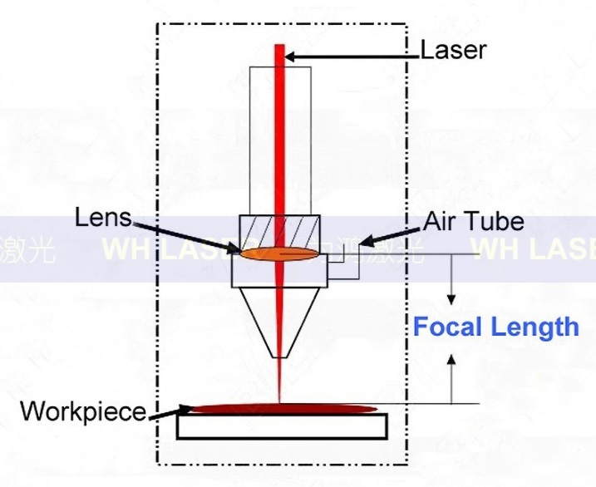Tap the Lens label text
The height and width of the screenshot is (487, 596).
(x=103, y=219)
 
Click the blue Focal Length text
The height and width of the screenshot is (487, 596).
(x=495, y=327)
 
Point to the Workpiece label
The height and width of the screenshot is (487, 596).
(x=82, y=411)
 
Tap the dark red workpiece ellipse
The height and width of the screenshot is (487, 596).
(x=283, y=408)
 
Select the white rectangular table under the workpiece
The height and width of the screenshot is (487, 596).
(x=282, y=426)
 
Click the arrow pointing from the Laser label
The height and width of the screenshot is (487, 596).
(x=349, y=57)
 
